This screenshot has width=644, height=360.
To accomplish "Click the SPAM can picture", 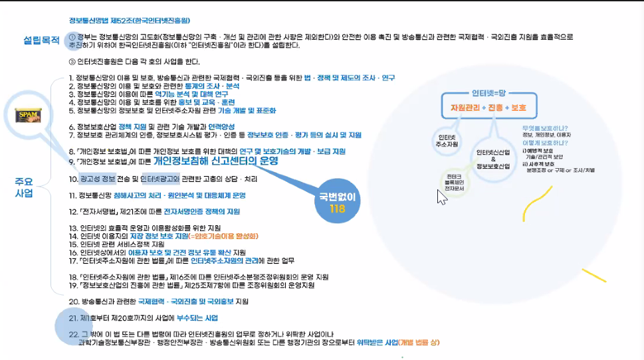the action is (29, 116).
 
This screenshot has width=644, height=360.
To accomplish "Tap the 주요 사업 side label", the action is (24, 187).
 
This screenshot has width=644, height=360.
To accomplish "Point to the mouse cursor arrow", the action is (441, 197).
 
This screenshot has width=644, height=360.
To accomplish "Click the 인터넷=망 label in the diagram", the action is (490, 92).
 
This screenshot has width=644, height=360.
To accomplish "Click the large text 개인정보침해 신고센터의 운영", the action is (215, 161).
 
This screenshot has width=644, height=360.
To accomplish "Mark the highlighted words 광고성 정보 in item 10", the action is (98, 179).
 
